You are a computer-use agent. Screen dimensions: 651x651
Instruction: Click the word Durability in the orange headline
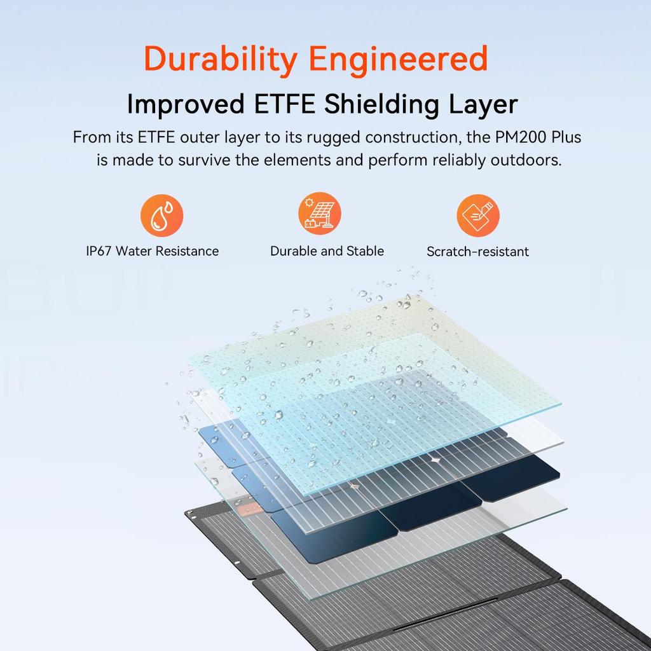click(x=220, y=60)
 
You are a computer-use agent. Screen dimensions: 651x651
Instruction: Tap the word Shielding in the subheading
click(x=381, y=105)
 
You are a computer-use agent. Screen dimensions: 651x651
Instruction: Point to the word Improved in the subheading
click(x=185, y=105)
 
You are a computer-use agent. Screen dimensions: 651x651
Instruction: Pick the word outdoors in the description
click(x=526, y=160)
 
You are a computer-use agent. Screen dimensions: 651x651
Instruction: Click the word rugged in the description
click(x=333, y=138)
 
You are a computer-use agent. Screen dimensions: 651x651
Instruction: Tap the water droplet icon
click(x=161, y=215)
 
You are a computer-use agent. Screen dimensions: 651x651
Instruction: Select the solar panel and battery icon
click(x=319, y=214)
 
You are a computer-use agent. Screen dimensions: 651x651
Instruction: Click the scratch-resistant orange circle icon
click(x=478, y=215)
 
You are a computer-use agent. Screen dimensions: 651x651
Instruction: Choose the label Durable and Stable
click(x=327, y=251)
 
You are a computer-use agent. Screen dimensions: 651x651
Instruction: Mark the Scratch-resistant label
click(x=477, y=252)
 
